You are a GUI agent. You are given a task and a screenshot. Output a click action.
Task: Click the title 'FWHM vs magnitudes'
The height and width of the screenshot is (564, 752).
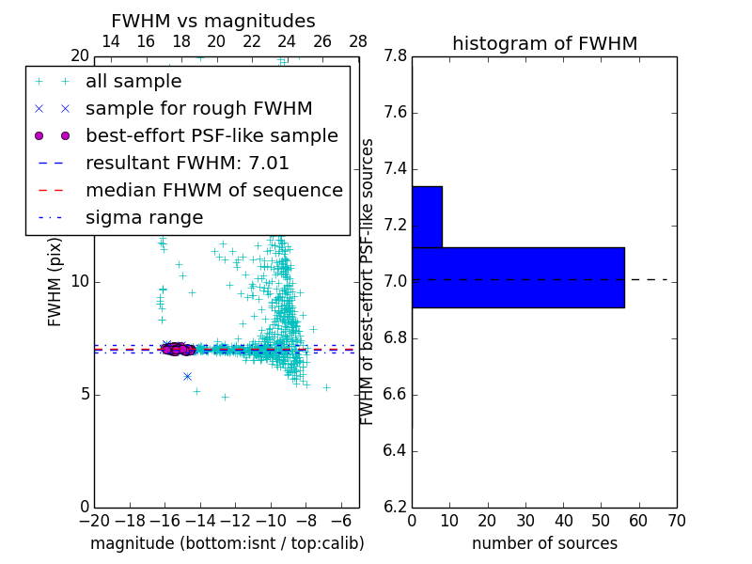point(213,21)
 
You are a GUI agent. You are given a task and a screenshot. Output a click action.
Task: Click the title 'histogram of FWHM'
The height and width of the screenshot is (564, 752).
point(544,43)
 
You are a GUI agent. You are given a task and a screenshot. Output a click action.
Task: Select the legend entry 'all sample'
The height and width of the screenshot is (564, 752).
point(133,82)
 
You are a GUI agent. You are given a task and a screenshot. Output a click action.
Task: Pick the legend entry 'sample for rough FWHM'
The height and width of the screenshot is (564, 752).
point(198,109)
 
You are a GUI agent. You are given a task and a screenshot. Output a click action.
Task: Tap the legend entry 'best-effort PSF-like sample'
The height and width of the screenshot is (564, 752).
point(211,135)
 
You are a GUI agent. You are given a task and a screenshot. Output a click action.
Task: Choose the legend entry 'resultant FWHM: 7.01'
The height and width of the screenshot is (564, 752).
point(187,163)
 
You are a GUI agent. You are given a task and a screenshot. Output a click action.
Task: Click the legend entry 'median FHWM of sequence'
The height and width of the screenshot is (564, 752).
point(213,190)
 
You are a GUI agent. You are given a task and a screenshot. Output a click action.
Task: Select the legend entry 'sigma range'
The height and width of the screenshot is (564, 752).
point(144,217)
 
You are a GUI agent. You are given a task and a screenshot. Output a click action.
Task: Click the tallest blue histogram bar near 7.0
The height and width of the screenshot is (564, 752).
point(518,277)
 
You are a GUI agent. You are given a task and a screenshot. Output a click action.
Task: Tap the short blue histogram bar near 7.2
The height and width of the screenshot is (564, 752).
point(427,216)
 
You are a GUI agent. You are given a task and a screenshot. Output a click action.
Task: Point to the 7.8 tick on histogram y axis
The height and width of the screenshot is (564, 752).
point(396,56)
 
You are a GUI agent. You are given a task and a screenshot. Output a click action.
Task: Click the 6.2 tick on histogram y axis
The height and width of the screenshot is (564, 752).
point(396,507)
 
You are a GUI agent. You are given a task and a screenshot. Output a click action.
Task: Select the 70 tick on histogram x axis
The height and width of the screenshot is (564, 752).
point(677,520)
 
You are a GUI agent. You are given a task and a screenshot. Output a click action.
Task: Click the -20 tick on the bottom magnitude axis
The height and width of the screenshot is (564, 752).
point(94,520)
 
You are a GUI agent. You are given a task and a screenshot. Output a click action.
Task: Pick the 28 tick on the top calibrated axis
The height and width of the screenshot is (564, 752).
point(358,41)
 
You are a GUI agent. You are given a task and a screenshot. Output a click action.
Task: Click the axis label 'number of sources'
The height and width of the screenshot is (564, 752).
point(544,543)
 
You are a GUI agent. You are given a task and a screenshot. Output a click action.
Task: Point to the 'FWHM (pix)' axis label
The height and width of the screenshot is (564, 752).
point(55,281)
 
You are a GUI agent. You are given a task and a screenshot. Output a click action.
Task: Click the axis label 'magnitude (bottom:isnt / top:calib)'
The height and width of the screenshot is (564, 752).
point(227,543)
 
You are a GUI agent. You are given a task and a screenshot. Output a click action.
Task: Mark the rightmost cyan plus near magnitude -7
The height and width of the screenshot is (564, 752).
point(326,386)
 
